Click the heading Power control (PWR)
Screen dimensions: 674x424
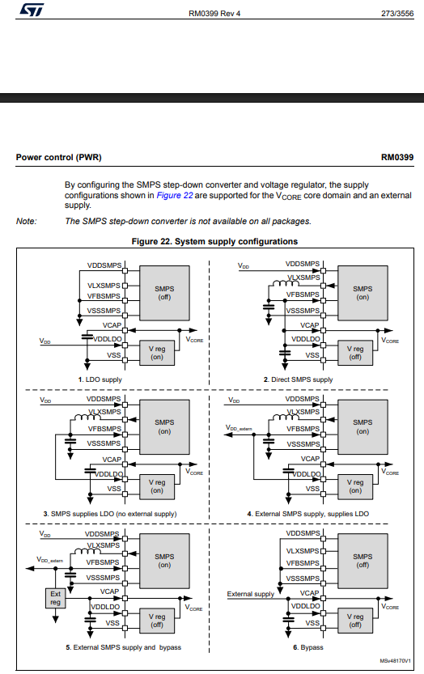point(58,157)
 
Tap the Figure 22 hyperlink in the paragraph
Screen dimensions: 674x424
point(174,195)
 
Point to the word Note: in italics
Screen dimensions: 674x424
point(27,221)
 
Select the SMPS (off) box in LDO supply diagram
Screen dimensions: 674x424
point(165,292)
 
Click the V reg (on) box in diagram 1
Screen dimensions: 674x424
point(156,352)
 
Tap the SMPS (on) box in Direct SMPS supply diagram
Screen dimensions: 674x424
point(363,292)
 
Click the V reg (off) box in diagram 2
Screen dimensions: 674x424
point(354,352)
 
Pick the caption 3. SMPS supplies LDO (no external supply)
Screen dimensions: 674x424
point(110,514)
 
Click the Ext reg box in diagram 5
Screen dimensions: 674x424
point(55,598)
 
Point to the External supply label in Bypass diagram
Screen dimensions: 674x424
point(250,595)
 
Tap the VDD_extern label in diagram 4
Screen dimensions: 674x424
point(241,428)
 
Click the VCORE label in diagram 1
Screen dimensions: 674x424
point(195,341)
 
